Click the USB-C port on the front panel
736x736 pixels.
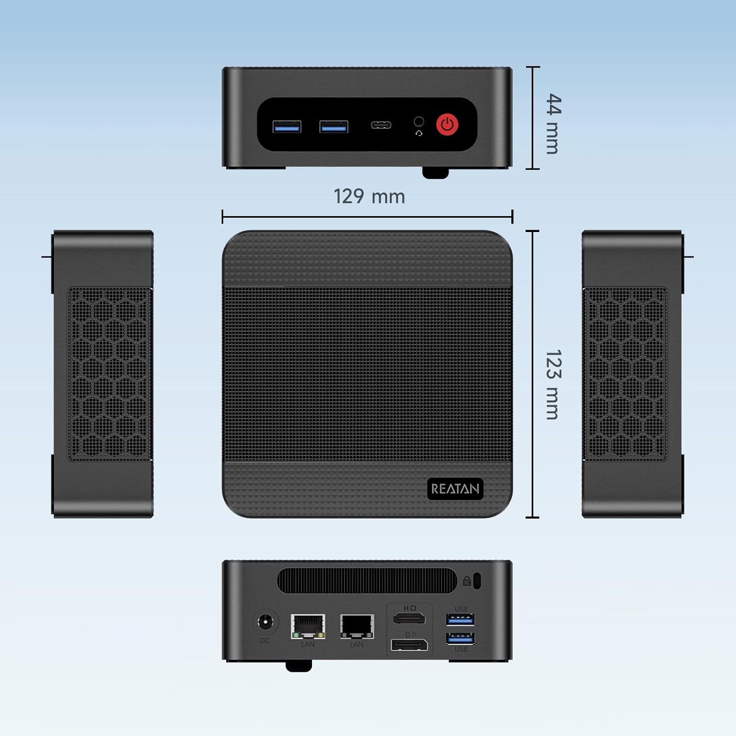tap(381, 125)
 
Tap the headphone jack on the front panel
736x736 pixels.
tap(419, 121)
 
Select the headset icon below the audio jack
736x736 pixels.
tap(419, 133)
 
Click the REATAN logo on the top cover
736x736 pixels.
tap(455, 489)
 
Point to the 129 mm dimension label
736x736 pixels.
tap(369, 196)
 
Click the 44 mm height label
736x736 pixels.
tap(553, 124)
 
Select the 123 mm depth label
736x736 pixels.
tap(553, 385)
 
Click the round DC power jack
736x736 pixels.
tap(265, 623)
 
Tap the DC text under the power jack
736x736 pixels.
tap(264, 640)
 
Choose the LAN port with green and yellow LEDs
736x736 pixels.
tap(308, 627)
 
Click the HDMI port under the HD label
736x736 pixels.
tap(409, 618)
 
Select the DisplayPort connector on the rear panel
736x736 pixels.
tap(409, 645)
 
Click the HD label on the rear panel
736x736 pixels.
tap(410, 608)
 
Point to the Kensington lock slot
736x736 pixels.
tap(478, 581)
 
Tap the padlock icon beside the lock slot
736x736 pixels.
tap(467, 581)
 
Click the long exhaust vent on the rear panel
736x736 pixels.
tap(367, 581)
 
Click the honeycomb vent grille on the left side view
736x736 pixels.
tap(109, 374)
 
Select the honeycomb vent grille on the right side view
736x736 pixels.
tap(626, 374)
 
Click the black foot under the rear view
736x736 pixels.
tap(299, 665)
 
